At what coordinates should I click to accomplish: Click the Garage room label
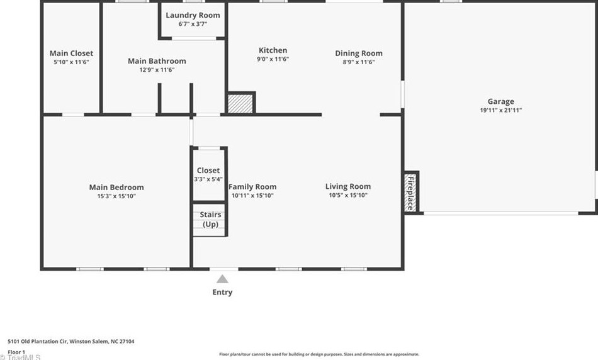click(x=500, y=101)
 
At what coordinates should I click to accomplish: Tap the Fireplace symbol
click(x=411, y=192)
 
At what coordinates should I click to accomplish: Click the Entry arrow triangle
click(x=222, y=279)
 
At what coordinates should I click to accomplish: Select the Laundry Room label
click(x=193, y=15)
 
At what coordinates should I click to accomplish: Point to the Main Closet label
click(x=71, y=53)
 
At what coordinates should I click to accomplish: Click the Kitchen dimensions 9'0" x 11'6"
click(x=273, y=59)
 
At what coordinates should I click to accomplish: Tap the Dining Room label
click(x=358, y=53)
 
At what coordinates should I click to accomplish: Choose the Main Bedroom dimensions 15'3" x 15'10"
click(x=116, y=196)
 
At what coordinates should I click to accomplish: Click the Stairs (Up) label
click(x=210, y=219)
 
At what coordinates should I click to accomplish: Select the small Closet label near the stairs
click(x=208, y=170)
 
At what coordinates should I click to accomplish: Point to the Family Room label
click(x=252, y=186)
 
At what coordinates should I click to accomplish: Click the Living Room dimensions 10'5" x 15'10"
click(x=347, y=196)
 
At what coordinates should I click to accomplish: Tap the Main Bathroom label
click(x=157, y=61)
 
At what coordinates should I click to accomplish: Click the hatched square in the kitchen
click(x=240, y=103)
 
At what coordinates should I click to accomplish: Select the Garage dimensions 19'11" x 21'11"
click(x=500, y=110)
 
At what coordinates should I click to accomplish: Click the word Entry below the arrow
click(x=222, y=292)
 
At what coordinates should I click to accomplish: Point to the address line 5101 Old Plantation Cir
click(x=71, y=342)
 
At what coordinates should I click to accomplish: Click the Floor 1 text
click(x=16, y=352)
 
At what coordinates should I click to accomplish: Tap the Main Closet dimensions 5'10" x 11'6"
click(x=71, y=62)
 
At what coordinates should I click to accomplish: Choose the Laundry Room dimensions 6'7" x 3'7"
click(x=193, y=24)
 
